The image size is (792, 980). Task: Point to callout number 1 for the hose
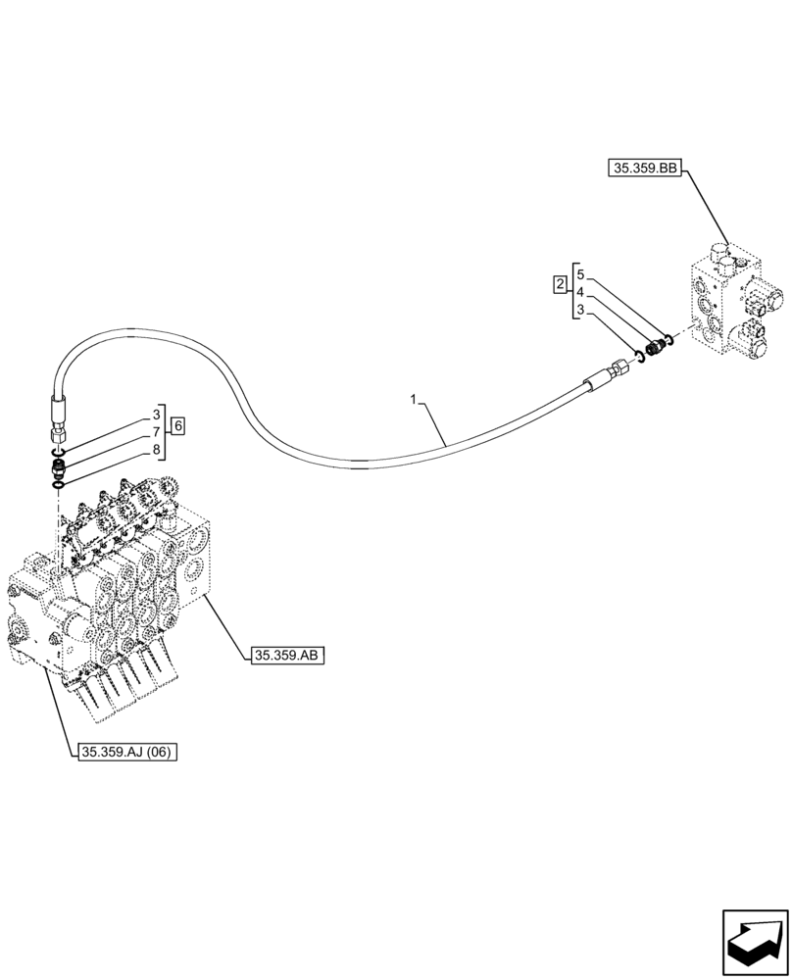click(x=415, y=400)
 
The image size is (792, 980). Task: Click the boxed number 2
click(x=560, y=285)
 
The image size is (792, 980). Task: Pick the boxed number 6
click(x=177, y=425)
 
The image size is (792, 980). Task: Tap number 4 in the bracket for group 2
click(x=580, y=292)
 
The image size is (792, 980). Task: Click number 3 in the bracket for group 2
click(x=580, y=310)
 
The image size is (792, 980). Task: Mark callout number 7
click(x=155, y=432)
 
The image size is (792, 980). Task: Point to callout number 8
click(x=155, y=450)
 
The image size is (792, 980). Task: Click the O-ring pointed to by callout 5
click(x=668, y=340)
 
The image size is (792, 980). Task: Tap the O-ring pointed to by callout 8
click(x=60, y=481)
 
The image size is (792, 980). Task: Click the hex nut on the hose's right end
click(x=619, y=368)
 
